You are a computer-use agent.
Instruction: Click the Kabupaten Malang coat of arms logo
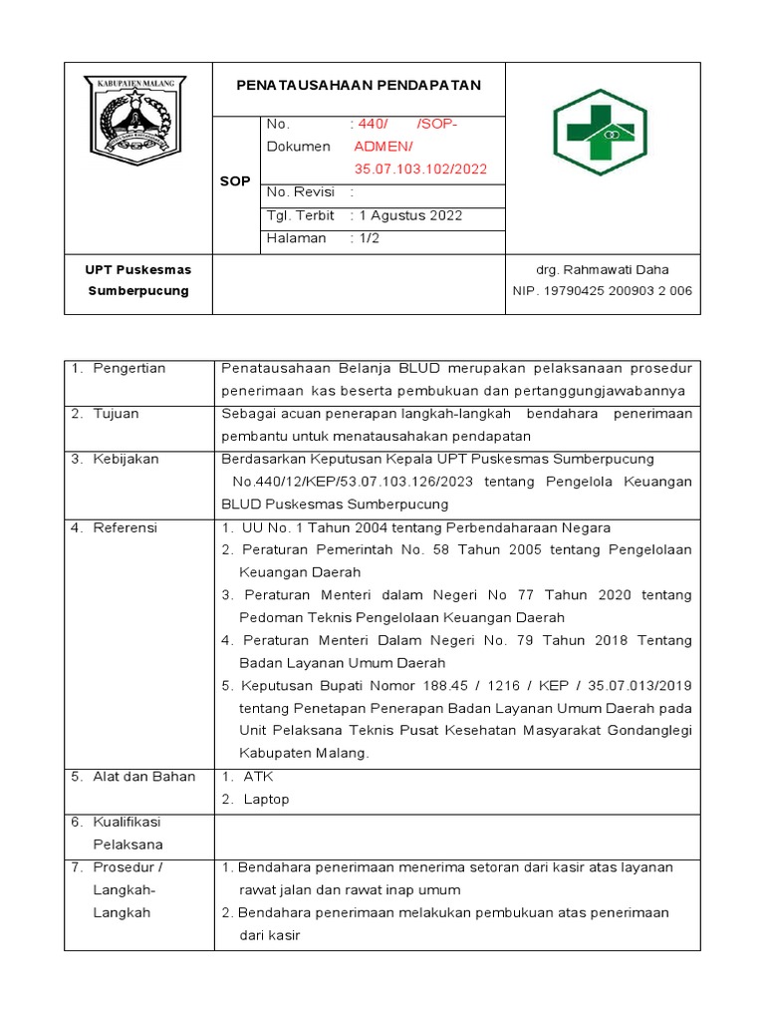click(138, 121)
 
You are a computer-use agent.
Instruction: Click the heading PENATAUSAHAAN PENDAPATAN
click(359, 86)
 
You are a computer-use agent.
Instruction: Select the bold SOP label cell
click(235, 181)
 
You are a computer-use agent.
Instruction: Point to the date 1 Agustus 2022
click(410, 215)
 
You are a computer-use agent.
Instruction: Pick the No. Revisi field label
click(301, 191)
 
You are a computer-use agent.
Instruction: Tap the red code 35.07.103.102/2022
click(420, 169)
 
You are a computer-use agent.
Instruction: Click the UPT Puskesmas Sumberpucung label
click(138, 280)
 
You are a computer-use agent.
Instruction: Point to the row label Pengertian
click(128, 368)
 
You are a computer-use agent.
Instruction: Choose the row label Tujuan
click(116, 413)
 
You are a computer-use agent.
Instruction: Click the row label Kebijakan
click(126, 459)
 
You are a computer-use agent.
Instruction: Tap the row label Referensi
click(125, 527)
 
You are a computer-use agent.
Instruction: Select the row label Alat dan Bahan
click(143, 776)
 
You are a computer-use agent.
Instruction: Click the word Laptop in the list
click(266, 799)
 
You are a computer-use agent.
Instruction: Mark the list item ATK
click(258, 776)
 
